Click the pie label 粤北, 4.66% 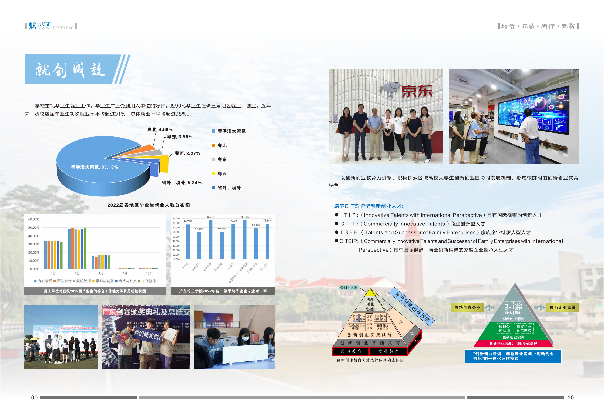[160, 130]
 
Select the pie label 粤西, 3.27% [187, 154]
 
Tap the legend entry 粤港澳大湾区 [231, 131]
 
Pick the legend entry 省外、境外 [229, 188]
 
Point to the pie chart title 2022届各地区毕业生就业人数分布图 [149, 205]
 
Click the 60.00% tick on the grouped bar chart [34, 219]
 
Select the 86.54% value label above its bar [210, 217]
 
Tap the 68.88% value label [256, 225]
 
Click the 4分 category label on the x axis [77, 273]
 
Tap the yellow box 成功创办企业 [467, 308]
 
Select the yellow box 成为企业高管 [562, 308]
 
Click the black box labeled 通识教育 [351, 351]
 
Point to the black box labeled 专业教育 [388, 351]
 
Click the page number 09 [34, 398]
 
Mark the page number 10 [571, 398]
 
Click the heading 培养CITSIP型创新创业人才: [369, 206]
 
